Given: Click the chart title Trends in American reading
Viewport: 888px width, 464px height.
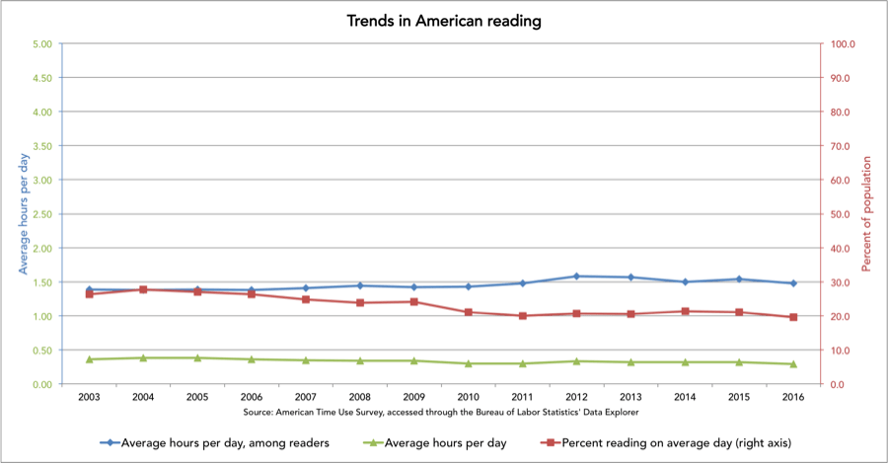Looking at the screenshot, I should pyautogui.click(x=444, y=21).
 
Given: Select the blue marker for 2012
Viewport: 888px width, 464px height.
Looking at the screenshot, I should pyautogui.click(x=576, y=276).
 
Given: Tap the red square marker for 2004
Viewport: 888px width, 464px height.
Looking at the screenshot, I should pyautogui.click(x=142, y=289).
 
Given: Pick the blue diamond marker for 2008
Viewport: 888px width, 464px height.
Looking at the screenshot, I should pyautogui.click(x=359, y=285).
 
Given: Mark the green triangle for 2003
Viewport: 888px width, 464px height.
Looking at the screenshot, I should pyautogui.click(x=89, y=359).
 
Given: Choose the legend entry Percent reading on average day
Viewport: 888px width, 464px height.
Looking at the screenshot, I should pyautogui.click(x=651, y=443).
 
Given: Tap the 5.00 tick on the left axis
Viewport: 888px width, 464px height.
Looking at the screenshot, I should pyautogui.click(x=41, y=44).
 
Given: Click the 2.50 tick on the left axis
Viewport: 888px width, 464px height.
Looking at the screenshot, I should pyautogui.click(x=41, y=214).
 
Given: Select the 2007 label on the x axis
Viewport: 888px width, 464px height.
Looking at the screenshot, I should pyautogui.click(x=305, y=397).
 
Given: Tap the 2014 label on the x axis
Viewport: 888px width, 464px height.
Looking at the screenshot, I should pyautogui.click(x=685, y=397).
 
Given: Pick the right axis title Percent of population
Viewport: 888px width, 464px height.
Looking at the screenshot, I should pyautogui.click(x=867, y=214).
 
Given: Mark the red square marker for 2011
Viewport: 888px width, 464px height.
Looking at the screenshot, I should pyautogui.click(x=522, y=316).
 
